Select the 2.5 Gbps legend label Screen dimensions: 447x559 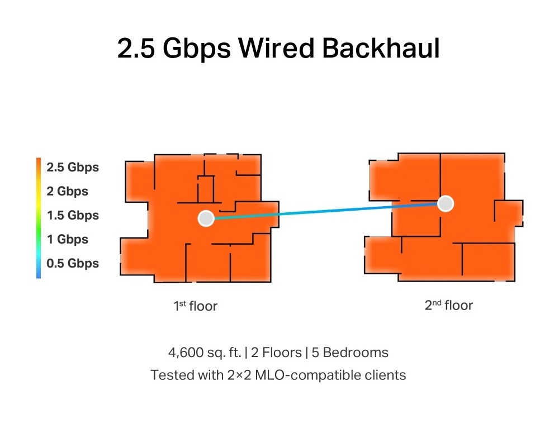(73, 167)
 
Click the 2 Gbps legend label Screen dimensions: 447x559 (68, 191)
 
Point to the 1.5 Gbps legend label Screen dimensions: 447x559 (73, 215)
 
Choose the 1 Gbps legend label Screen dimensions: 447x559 (68, 239)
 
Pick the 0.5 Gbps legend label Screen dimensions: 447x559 (73, 263)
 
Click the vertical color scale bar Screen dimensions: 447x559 (39, 218)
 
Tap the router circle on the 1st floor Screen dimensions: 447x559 (206, 218)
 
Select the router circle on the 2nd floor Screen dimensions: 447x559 (445, 204)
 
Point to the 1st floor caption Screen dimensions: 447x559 (195, 306)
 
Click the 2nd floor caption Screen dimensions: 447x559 (448, 305)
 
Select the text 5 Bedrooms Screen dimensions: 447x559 (356, 353)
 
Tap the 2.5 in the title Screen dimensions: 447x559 (136, 49)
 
